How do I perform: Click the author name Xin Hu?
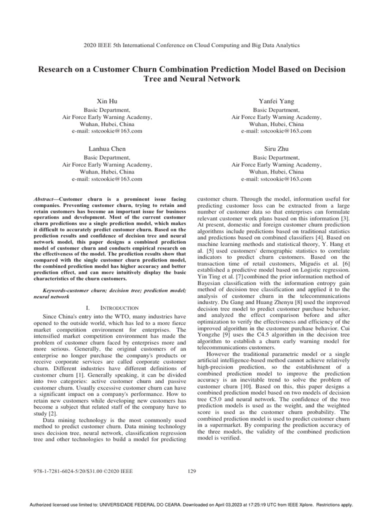coord(107,101)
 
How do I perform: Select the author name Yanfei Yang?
coord(276,101)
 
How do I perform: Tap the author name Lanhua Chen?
coord(107,148)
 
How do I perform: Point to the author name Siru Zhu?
coord(276,148)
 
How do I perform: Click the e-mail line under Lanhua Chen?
coord(107,178)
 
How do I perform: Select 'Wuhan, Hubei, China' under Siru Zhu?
coord(276,171)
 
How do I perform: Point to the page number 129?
coord(192,470)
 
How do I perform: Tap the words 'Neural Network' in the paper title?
coord(205,79)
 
